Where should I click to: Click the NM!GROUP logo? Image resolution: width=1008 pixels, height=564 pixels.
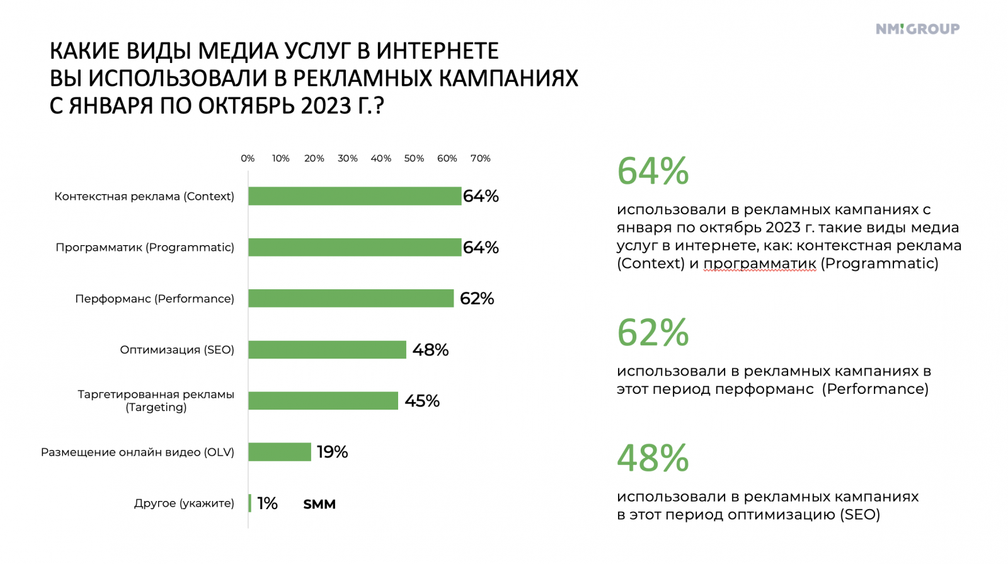click(917, 29)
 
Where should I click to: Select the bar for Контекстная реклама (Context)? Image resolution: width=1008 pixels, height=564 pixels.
click(354, 196)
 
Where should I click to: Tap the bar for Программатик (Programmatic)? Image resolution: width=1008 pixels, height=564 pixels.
click(354, 247)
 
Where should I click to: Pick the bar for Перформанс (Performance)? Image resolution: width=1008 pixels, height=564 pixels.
click(350, 298)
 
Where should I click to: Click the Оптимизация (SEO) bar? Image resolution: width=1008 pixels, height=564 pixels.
click(327, 349)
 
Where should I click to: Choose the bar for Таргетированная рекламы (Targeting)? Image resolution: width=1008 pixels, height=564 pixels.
click(323, 401)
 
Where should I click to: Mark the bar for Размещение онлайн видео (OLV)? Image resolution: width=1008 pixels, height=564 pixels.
click(279, 452)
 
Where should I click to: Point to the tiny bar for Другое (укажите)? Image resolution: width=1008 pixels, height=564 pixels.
click(250, 503)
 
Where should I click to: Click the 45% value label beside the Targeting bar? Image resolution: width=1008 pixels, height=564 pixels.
click(421, 401)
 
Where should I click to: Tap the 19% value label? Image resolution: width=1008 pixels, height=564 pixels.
click(332, 452)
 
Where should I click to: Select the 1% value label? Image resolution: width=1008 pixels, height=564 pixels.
click(267, 503)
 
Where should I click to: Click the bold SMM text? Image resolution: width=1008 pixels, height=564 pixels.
click(319, 504)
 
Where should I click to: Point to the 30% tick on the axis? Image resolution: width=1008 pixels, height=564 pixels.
click(347, 158)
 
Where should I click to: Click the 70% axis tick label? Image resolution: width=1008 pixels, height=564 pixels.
click(480, 158)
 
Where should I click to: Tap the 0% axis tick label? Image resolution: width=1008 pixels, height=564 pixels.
click(248, 158)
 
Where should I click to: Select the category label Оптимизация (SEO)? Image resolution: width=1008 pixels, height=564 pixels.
click(177, 350)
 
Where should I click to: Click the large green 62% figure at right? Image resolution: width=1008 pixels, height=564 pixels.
click(653, 333)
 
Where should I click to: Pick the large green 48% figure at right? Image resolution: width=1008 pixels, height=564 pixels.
click(653, 458)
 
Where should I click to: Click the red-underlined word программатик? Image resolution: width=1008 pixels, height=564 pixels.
click(760, 263)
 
